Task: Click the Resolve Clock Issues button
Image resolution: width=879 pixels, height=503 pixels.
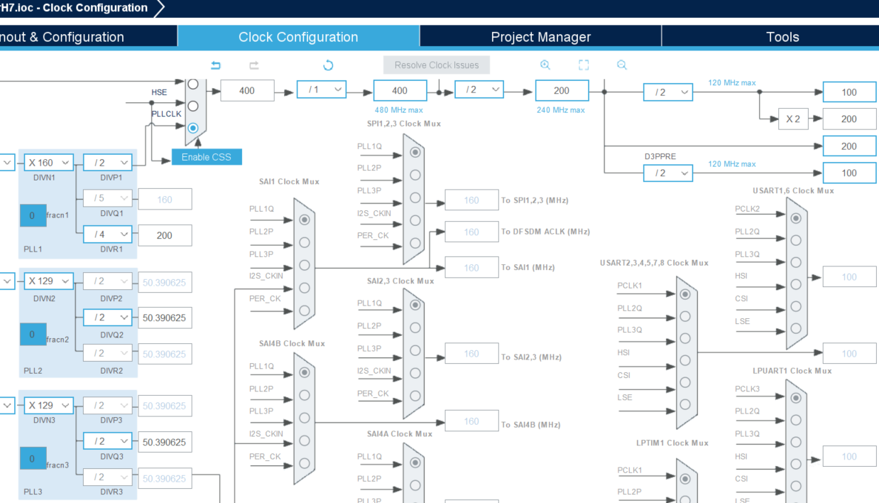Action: (437, 65)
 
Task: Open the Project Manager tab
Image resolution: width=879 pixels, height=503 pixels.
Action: (540, 37)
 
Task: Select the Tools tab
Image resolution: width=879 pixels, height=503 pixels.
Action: (782, 37)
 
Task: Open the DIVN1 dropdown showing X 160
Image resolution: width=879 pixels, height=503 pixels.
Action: (48, 163)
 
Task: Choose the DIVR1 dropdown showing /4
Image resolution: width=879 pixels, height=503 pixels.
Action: (107, 234)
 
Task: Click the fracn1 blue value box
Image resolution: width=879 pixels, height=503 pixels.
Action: (33, 215)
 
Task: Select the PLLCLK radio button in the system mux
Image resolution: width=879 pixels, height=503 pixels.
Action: (192, 129)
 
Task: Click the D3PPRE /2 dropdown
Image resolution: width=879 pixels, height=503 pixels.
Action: (668, 173)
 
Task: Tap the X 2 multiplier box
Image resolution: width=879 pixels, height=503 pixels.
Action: (792, 119)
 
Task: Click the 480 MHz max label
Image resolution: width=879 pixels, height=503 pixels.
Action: (399, 110)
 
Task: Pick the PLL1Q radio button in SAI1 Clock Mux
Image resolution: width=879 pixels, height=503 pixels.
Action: (305, 220)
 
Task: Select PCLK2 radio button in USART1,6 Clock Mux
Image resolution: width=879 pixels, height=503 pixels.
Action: (796, 218)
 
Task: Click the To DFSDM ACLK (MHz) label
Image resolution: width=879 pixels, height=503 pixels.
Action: (545, 232)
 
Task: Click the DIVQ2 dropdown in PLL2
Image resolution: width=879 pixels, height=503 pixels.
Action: (107, 318)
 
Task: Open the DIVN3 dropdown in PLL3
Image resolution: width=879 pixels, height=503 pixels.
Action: (48, 405)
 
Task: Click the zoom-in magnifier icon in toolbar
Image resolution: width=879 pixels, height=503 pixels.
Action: (545, 65)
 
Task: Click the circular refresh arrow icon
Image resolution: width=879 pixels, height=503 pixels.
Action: (328, 65)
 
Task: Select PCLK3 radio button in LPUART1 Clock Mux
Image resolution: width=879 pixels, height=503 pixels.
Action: (796, 398)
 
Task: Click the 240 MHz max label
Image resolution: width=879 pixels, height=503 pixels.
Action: (561, 110)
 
